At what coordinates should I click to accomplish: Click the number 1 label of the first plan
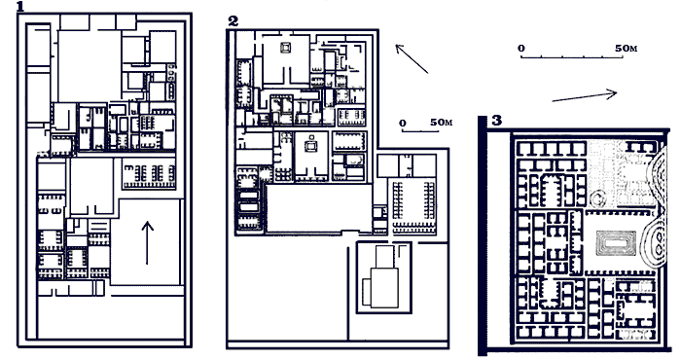click(20, 6)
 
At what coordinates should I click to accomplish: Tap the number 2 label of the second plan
click(233, 21)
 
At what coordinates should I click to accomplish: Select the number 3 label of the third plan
click(497, 121)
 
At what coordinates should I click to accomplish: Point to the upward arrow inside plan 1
click(147, 242)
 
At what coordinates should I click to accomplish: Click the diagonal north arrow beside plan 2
click(412, 58)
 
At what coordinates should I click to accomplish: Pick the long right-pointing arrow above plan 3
click(585, 95)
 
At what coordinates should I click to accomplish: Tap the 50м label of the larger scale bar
click(627, 49)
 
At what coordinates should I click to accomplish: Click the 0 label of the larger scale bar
click(521, 49)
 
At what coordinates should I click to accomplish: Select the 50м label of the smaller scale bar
click(442, 123)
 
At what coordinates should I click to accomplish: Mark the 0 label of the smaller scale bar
click(403, 124)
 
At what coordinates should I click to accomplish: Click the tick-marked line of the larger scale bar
click(572, 56)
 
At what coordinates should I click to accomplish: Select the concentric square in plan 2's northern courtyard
click(286, 48)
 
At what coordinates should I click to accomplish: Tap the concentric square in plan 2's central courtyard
click(310, 146)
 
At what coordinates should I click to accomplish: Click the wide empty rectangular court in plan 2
click(319, 208)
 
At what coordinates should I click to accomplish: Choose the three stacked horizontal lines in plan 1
click(98, 227)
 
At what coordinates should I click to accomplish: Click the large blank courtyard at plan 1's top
click(90, 66)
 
